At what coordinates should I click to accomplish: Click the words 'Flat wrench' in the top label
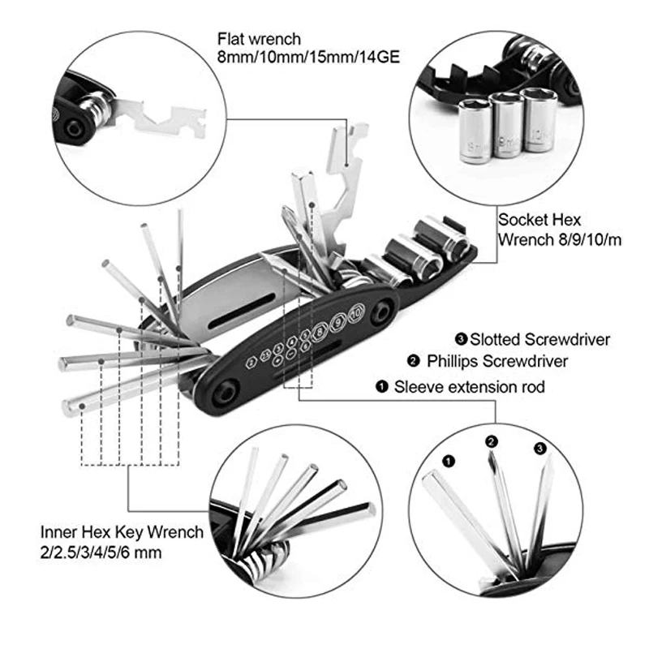259,38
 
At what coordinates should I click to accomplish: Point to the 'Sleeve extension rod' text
469,387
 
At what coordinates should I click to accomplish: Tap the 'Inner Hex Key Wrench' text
122,532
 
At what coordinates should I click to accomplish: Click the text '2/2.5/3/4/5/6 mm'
101,552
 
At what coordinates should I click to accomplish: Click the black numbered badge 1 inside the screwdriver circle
449,461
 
